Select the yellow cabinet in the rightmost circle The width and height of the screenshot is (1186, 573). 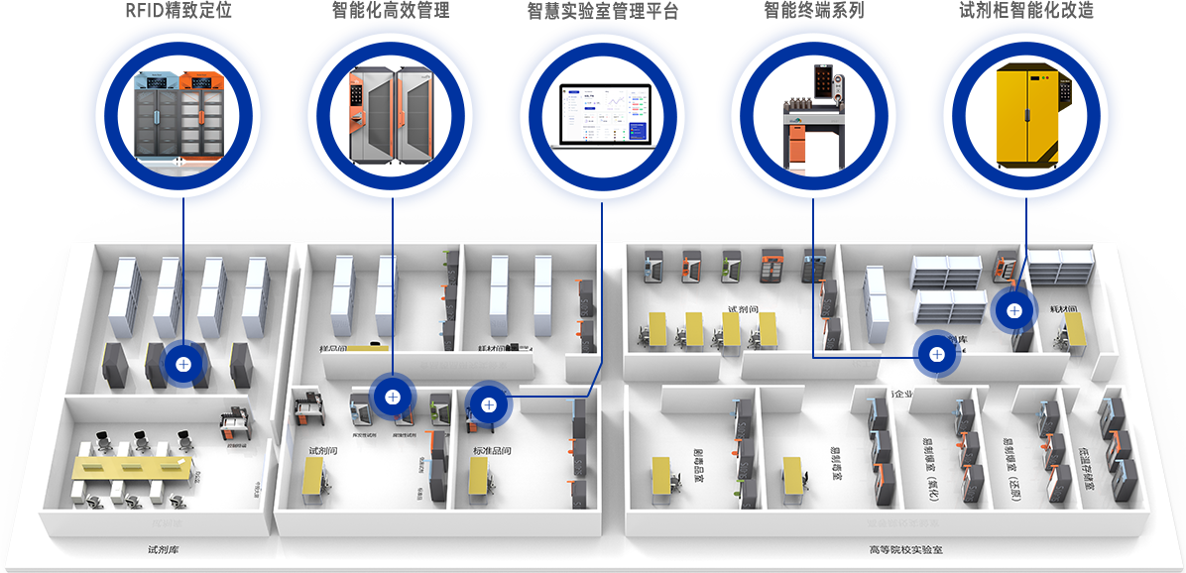tap(1026, 114)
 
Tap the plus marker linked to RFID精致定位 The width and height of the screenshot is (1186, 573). tap(183, 364)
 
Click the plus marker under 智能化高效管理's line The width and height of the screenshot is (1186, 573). tap(393, 397)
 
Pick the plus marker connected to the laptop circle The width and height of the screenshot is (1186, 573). tap(487, 403)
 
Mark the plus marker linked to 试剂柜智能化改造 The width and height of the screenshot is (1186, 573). tap(1013, 310)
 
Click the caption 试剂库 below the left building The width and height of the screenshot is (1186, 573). tap(163, 549)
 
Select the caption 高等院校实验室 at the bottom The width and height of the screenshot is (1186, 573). tap(905, 549)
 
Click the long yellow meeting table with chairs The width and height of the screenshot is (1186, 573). tap(131, 474)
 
